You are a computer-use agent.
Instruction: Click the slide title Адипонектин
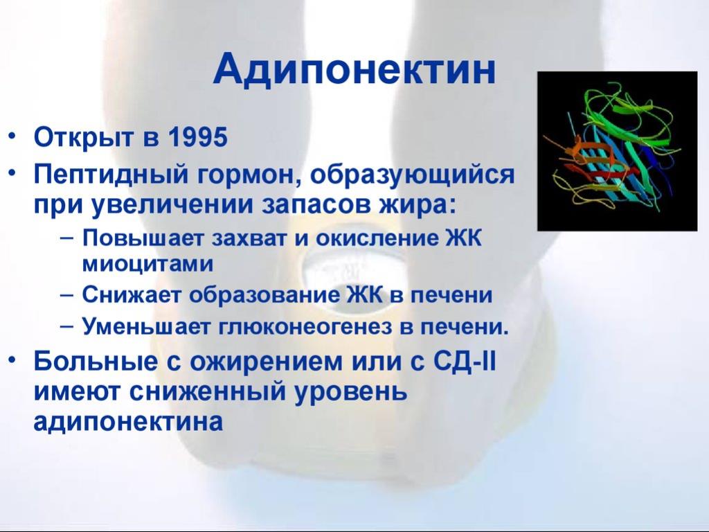[x=354, y=70]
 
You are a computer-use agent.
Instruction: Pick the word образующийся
[x=413, y=174]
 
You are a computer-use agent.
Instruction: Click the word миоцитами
[x=147, y=264]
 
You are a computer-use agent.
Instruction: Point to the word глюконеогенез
[x=305, y=327]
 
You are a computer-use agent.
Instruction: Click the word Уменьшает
[x=145, y=327]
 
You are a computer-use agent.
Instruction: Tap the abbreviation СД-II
[x=465, y=362]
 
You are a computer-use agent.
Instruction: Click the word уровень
[x=351, y=393]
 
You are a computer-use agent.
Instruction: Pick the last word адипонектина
[x=128, y=423]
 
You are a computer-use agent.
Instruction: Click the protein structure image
[x=617, y=151]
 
